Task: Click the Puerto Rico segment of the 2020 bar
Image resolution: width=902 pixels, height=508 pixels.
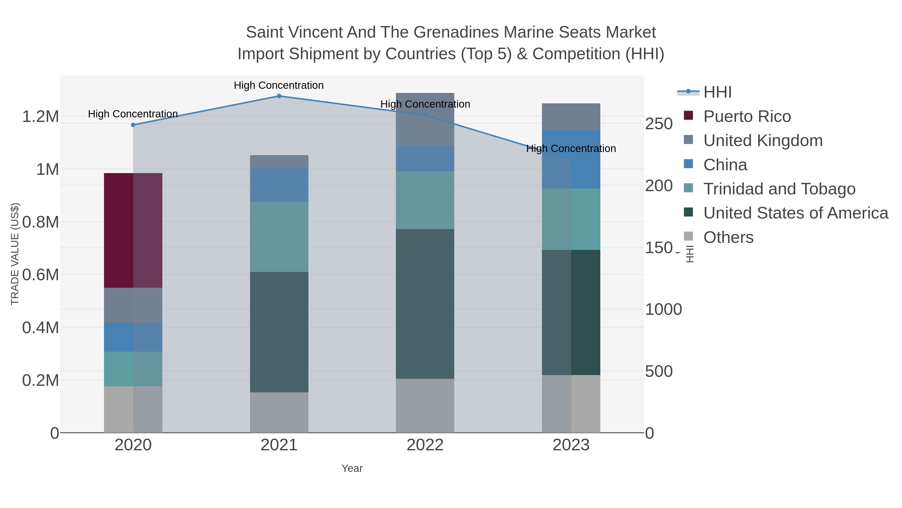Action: pyautogui.click(x=133, y=230)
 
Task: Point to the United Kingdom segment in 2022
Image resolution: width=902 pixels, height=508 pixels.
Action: pyautogui.click(x=425, y=120)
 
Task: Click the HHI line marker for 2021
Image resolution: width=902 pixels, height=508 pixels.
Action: pyautogui.click(x=279, y=96)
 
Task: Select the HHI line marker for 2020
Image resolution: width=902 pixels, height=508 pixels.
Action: pyautogui.click(x=133, y=125)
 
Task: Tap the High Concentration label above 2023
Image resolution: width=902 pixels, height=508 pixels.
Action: pyautogui.click(x=571, y=149)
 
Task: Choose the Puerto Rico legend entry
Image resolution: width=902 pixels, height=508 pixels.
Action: pyautogui.click(x=747, y=116)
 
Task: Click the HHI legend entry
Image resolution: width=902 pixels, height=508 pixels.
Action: pyautogui.click(x=717, y=92)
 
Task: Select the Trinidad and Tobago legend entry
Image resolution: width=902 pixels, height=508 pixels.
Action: pyautogui.click(x=779, y=189)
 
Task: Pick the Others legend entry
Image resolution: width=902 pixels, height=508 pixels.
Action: pyautogui.click(x=728, y=237)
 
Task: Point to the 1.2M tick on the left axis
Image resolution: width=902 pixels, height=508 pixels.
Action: pyautogui.click(x=40, y=116)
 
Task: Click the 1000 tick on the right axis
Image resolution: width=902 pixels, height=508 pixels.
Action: pyautogui.click(x=663, y=310)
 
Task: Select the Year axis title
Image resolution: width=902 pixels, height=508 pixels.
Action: pyautogui.click(x=352, y=468)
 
